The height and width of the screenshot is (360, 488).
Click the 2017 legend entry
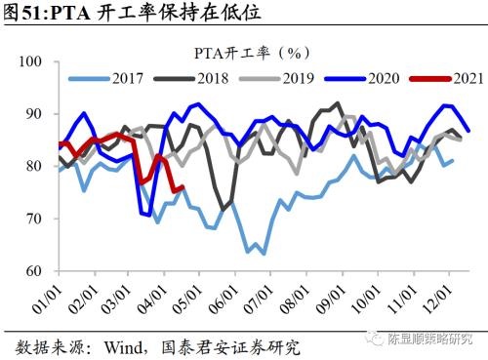105,79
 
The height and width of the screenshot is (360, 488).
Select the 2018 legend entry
191,79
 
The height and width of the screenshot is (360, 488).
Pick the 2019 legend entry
277,79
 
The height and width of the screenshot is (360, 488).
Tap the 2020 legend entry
362,79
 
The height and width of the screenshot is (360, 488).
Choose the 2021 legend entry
447,79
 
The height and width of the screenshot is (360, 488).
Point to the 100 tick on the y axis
30,61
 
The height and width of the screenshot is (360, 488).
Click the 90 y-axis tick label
34,114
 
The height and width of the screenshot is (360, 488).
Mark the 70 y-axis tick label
34,219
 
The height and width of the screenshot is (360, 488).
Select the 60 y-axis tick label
34,271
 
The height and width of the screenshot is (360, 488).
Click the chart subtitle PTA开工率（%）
252,53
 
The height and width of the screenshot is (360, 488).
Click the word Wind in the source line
124,347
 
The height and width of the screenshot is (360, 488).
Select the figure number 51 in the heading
30,14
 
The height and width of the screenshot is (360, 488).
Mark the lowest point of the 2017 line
264,254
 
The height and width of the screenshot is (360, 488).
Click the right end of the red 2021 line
183,186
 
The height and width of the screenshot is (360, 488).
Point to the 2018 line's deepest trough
223,210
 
